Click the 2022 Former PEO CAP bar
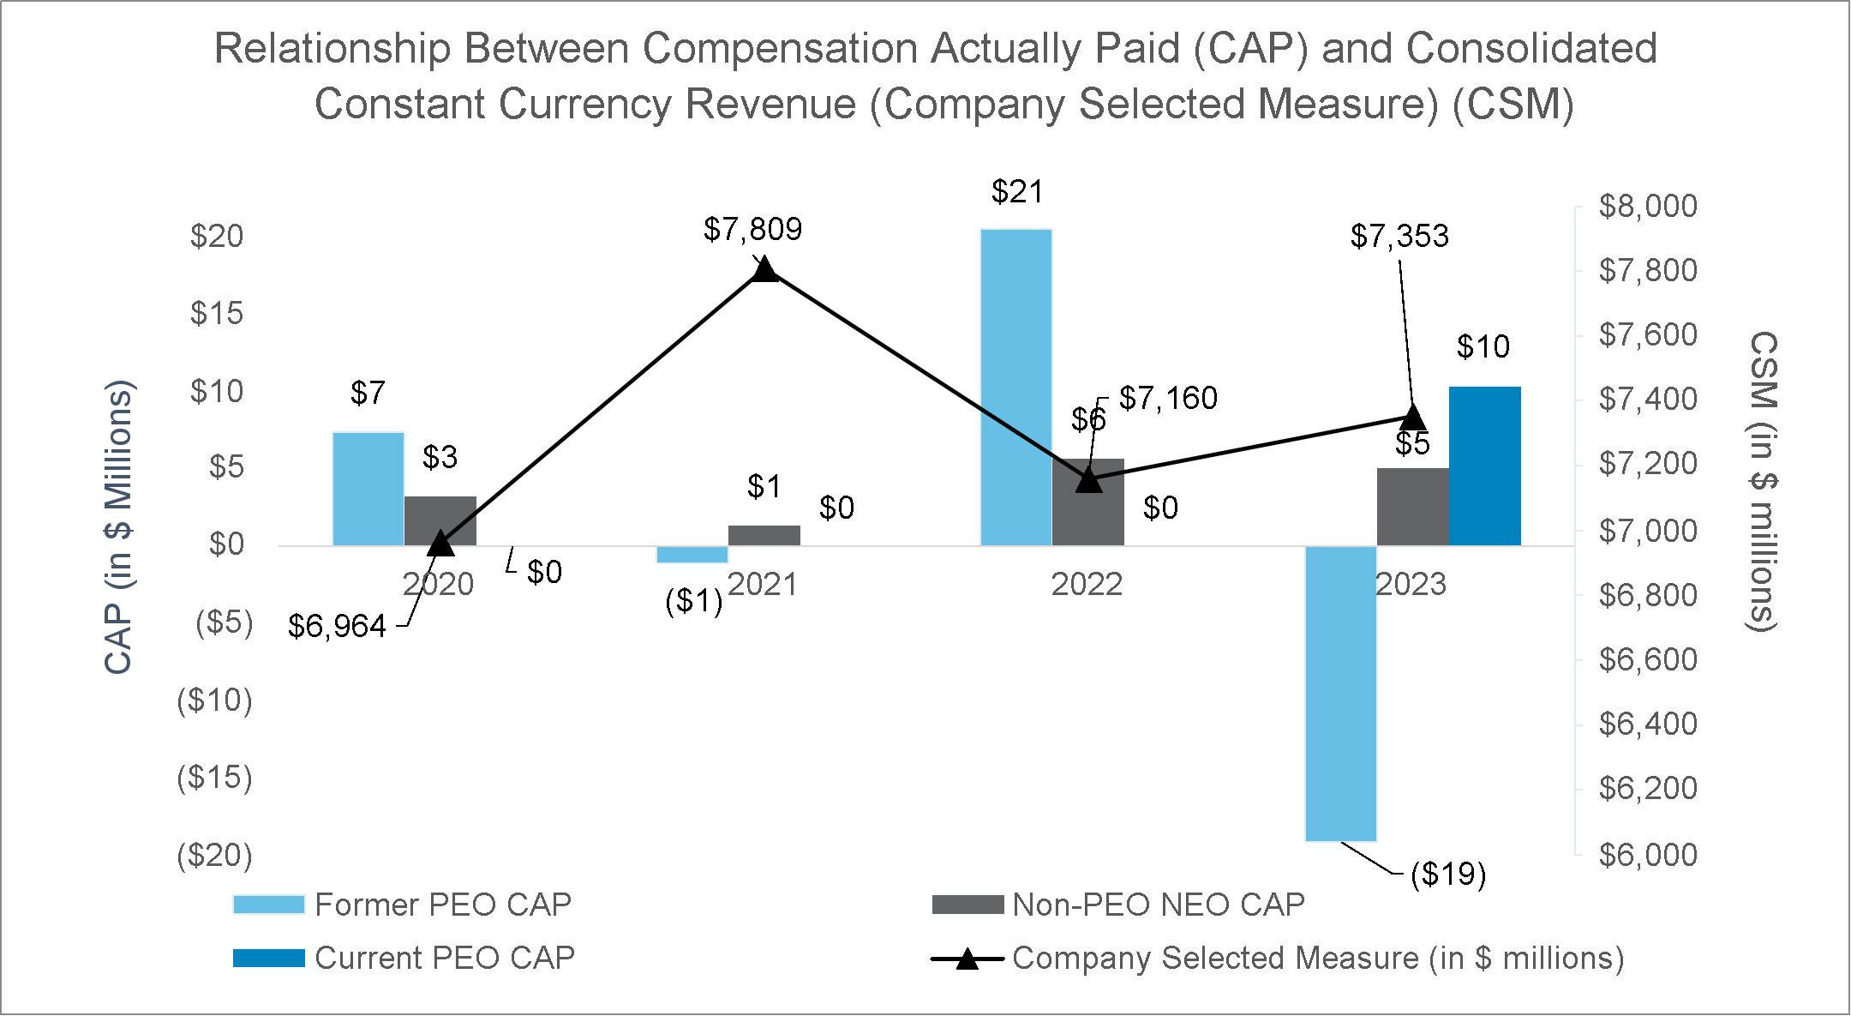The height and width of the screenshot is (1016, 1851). (1016, 386)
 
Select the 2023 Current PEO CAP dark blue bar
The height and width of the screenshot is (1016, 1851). (1484, 466)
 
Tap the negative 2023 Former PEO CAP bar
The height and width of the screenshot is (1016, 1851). (1340, 693)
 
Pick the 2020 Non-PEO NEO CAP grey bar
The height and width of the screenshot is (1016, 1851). (440, 520)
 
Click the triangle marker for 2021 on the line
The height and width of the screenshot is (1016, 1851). (764, 271)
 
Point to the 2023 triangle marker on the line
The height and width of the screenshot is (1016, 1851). (1412, 418)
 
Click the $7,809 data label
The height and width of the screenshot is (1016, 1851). (752, 229)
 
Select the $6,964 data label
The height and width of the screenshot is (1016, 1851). (337, 627)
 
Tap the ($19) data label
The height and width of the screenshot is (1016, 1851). (1447, 875)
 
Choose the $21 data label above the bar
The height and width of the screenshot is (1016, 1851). (1017, 191)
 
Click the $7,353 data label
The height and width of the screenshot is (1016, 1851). (1399, 236)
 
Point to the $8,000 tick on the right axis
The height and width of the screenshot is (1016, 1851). (1647, 206)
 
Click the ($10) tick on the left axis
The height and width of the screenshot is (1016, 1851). (214, 700)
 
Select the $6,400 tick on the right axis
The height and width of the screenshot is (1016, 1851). (1647, 724)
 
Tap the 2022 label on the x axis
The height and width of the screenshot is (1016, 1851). (1087, 585)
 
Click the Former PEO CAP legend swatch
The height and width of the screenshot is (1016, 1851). (268, 905)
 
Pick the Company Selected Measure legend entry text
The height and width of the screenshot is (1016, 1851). (1317, 958)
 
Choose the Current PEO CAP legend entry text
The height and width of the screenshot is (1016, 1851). (444, 958)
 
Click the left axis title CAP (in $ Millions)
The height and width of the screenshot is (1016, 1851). (119, 526)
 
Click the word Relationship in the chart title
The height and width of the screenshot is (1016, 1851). (332, 49)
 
